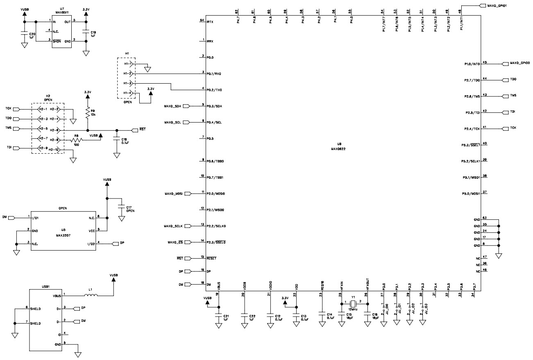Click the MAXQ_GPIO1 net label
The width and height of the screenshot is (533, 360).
pyautogui.click(x=497, y=6)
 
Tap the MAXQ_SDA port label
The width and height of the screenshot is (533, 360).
pyautogui.click(x=173, y=106)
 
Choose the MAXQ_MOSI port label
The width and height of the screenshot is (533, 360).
pyautogui.click(x=172, y=193)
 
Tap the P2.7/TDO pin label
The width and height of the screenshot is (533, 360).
pyautogui.click(x=472, y=80)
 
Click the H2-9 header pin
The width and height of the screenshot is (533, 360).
pyautogui.click(x=41, y=148)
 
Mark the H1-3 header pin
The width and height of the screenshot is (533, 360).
pyautogui.click(x=127, y=84)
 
